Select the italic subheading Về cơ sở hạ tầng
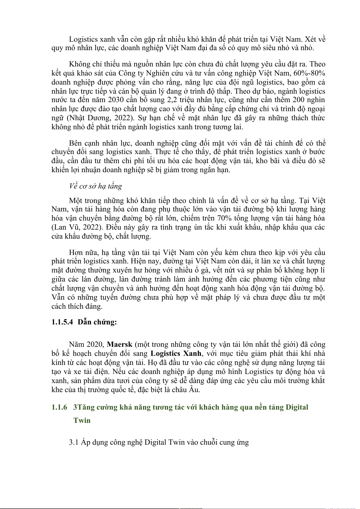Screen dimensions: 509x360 click(96, 186)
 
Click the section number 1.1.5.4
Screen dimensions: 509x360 click(62, 322)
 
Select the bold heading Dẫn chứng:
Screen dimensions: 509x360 click(97, 322)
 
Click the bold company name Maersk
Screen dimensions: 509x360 click(120, 344)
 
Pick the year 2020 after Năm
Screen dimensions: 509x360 click(95, 344)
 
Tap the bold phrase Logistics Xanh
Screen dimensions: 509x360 click(176, 353)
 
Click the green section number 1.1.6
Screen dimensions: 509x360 click(59, 407)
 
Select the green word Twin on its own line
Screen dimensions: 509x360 click(82, 420)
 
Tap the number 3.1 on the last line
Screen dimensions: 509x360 click(74, 442)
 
